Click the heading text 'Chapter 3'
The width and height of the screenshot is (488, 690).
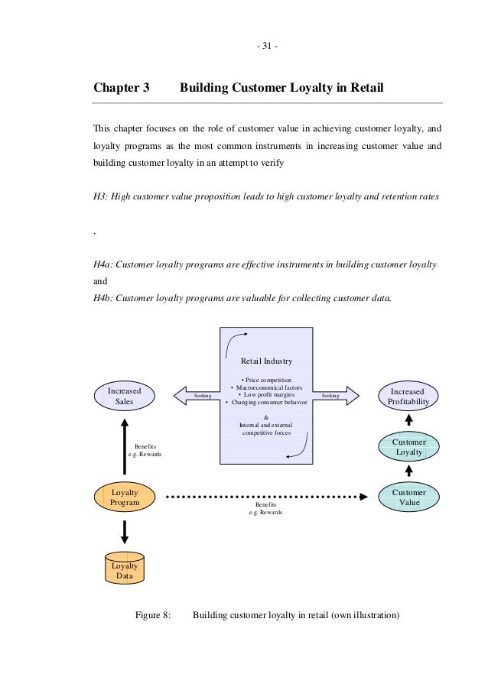click(x=121, y=88)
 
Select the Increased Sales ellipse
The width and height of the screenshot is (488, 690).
click(x=124, y=395)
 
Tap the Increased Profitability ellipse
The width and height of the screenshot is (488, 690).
click(x=408, y=396)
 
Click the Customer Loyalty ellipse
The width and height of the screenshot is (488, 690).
click(x=408, y=447)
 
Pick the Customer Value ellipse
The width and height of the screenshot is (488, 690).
click(x=409, y=497)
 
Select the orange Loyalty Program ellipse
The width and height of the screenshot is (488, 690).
click(x=124, y=497)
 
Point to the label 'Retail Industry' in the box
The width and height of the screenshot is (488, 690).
click(x=266, y=361)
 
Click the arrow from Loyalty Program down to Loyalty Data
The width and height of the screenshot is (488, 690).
click(x=124, y=531)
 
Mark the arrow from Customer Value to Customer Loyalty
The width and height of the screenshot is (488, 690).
click(x=408, y=471)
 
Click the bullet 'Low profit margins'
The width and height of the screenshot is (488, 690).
click(x=266, y=394)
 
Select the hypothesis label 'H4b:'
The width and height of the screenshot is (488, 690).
click(x=104, y=299)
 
